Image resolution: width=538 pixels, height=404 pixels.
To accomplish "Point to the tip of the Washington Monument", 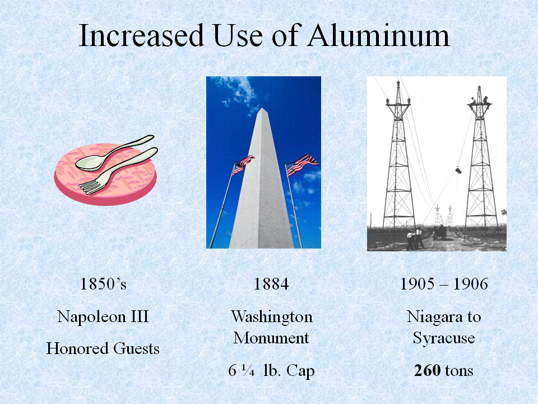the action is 262,108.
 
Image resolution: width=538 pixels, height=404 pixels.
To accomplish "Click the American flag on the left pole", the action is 243,164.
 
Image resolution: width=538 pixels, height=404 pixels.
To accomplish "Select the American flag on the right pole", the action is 302,164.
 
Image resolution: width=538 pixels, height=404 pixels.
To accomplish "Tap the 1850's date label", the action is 103,284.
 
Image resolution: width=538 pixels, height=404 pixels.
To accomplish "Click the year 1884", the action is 271,284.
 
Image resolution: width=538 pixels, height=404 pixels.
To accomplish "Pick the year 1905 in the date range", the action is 417,284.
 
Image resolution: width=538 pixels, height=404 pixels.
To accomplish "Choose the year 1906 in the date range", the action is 471,284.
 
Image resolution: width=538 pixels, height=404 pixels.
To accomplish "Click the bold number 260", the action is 427,370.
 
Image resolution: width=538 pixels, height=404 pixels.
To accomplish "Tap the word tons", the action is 459,371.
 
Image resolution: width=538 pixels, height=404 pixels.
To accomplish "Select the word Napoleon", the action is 91,316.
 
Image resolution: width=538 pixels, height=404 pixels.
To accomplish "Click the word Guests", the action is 136,348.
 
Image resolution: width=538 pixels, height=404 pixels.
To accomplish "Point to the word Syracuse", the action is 444,338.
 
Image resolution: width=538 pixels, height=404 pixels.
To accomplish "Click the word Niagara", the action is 434,317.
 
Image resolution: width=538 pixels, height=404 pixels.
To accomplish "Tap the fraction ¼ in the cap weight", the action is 248,370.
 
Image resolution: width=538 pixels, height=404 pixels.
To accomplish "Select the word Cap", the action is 300,371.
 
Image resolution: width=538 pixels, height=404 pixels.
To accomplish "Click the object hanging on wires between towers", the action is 458,169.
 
